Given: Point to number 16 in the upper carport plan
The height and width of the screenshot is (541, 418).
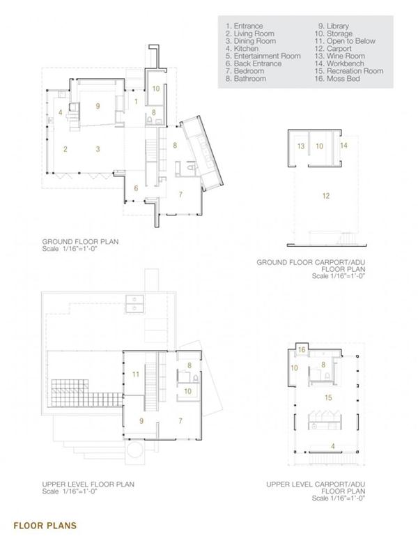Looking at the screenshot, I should tap(302, 349).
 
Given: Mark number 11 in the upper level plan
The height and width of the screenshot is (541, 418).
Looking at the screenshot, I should tap(136, 374).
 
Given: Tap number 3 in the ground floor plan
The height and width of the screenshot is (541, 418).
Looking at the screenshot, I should tap(98, 148).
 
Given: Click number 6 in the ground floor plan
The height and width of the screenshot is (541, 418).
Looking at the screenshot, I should tap(137, 188).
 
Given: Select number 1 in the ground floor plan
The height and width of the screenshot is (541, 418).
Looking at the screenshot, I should tap(137, 101).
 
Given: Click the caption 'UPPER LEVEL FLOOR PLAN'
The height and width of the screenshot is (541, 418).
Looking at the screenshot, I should tap(88, 482).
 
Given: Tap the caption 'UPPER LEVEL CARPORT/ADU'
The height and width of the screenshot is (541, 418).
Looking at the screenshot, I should tap(316, 482).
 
